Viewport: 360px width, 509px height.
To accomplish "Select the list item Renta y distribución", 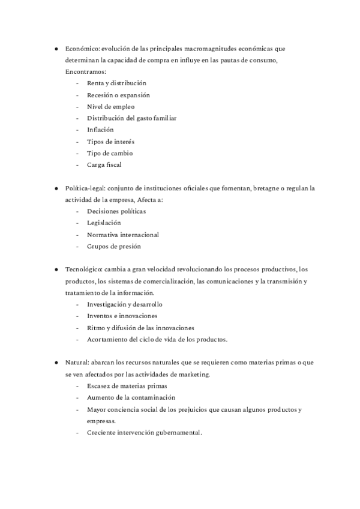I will (x=116, y=83).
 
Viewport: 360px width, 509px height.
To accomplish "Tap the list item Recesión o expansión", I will (x=118, y=95).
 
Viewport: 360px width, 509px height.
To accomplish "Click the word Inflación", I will (x=100, y=130).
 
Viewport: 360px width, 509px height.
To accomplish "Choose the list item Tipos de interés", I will (x=110, y=142).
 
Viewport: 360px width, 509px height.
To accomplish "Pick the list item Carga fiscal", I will (x=104, y=164).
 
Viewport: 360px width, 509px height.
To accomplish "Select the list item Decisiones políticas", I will (x=116, y=211).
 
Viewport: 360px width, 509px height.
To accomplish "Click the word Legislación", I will (x=104, y=223).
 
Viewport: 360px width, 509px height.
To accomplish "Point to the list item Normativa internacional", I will (x=123, y=234).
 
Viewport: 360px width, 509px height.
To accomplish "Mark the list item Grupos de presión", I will (x=114, y=246).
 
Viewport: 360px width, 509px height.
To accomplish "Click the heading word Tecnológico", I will (x=83, y=270).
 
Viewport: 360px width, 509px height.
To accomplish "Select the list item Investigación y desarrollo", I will (x=125, y=304).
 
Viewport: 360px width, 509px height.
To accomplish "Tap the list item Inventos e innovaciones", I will (x=122, y=316).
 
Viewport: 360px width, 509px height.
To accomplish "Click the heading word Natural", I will (x=77, y=363).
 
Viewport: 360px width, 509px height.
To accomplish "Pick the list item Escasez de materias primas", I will (x=127, y=386).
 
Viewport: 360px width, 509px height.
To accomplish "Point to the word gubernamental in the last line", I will (x=176, y=432).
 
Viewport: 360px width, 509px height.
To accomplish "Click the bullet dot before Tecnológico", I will (x=56, y=270).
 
